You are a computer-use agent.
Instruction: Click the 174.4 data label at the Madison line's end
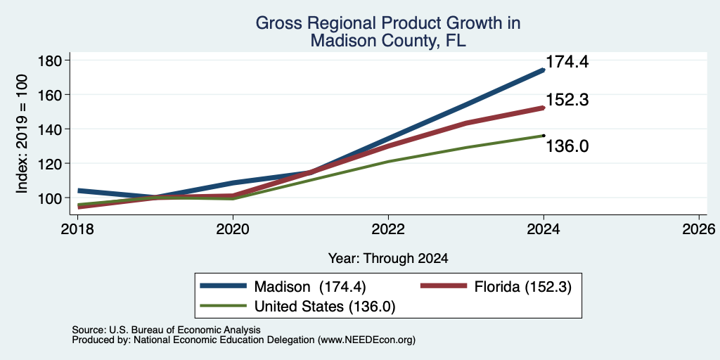567,62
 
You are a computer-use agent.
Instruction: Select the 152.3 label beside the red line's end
567,100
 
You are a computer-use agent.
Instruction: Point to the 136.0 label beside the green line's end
567,146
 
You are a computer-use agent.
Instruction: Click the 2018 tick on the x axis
77,229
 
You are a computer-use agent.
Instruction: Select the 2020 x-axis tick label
233,229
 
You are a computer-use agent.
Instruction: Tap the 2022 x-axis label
388,229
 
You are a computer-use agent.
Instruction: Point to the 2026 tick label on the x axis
699,229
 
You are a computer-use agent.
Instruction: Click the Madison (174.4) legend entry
283,287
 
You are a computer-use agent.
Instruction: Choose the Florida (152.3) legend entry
496,287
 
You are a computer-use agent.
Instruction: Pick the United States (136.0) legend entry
297,307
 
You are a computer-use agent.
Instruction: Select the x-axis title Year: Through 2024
388,259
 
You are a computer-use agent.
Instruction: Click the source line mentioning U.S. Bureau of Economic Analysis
166,330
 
